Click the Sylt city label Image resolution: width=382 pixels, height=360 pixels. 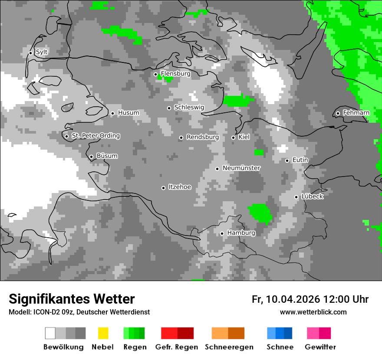coord(42,52)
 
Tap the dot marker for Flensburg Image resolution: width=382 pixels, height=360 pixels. coord(155,74)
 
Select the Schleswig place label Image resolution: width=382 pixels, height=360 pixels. coord(189,107)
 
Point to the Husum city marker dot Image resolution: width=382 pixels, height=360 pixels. coord(112,113)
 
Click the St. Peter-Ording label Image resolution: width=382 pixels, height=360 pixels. coord(95,136)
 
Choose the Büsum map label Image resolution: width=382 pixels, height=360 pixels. coord(107,156)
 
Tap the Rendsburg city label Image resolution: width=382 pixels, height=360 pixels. coord(203,137)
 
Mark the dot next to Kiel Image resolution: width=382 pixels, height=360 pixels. coord(233,137)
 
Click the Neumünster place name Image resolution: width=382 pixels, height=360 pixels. coord(241,168)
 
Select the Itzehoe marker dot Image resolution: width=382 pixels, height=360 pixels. coord(163,188)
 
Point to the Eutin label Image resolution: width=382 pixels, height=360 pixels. coord(300,160)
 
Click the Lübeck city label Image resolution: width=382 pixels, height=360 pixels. coord(312,196)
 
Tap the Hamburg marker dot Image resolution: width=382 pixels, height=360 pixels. coord(222,233)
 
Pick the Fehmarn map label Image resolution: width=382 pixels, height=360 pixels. coord(356,113)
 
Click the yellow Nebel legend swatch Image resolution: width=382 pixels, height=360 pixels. coord(103,333)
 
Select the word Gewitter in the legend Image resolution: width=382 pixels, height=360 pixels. coord(320,347)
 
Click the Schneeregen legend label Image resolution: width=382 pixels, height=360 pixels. coord(229,347)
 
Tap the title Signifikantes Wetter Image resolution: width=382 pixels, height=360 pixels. coord(72,299)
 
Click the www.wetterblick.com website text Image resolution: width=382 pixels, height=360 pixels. coord(313,312)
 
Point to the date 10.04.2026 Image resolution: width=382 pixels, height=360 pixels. coord(293,299)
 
